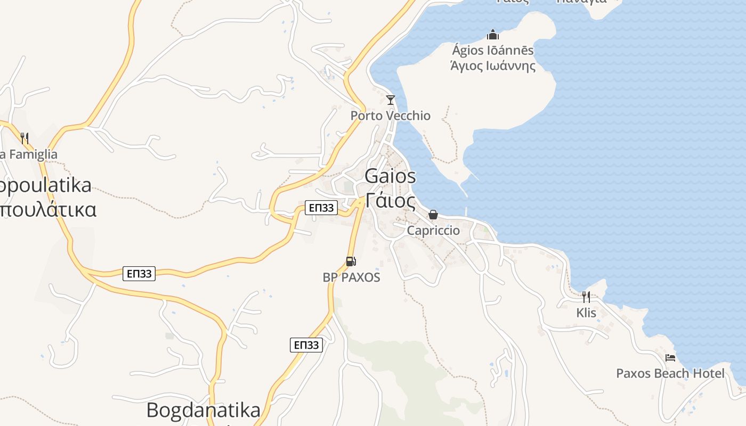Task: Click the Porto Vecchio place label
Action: tap(390, 116)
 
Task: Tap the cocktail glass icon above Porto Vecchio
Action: tap(391, 100)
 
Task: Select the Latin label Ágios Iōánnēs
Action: tap(492, 51)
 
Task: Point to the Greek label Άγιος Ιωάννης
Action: tap(492, 66)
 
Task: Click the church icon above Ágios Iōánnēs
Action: tap(492, 35)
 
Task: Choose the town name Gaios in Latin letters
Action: tap(391, 176)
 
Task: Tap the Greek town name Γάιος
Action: tap(391, 201)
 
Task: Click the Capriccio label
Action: tap(433, 231)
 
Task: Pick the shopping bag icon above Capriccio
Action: tap(433, 215)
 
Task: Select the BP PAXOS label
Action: tap(351, 277)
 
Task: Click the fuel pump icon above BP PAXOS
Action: tap(351, 261)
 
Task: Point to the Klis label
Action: tap(586, 313)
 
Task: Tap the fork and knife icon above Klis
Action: tap(586, 297)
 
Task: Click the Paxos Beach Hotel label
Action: tap(670, 373)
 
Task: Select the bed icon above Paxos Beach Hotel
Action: tap(670, 357)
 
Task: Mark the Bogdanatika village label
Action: tap(204, 410)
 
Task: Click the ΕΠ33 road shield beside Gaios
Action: tap(321, 208)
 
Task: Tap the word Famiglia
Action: tap(32, 154)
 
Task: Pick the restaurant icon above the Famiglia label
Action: tap(24, 138)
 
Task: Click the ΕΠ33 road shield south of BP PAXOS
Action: tap(307, 345)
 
